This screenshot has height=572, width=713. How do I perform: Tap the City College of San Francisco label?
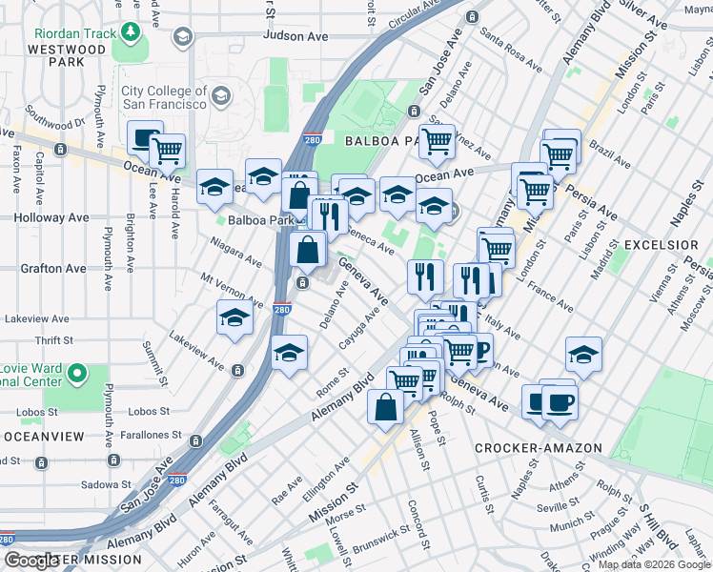(x=164, y=96)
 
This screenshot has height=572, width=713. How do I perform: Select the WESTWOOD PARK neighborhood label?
(x=65, y=56)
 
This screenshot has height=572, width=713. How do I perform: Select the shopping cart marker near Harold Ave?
(x=167, y=150)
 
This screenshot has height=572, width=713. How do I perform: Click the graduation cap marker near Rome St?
(x=289, y=352)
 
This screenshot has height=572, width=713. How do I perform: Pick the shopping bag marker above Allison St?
(x=385, y=407)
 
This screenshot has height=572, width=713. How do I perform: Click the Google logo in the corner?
(x=31, y=561)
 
